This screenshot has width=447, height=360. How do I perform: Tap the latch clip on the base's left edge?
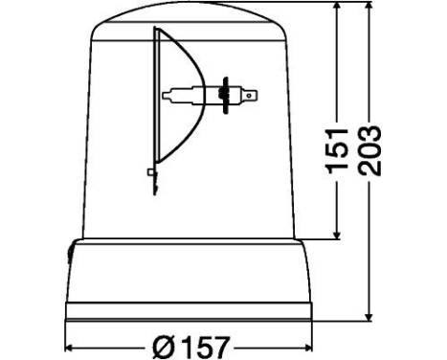(x=71, y=251)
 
